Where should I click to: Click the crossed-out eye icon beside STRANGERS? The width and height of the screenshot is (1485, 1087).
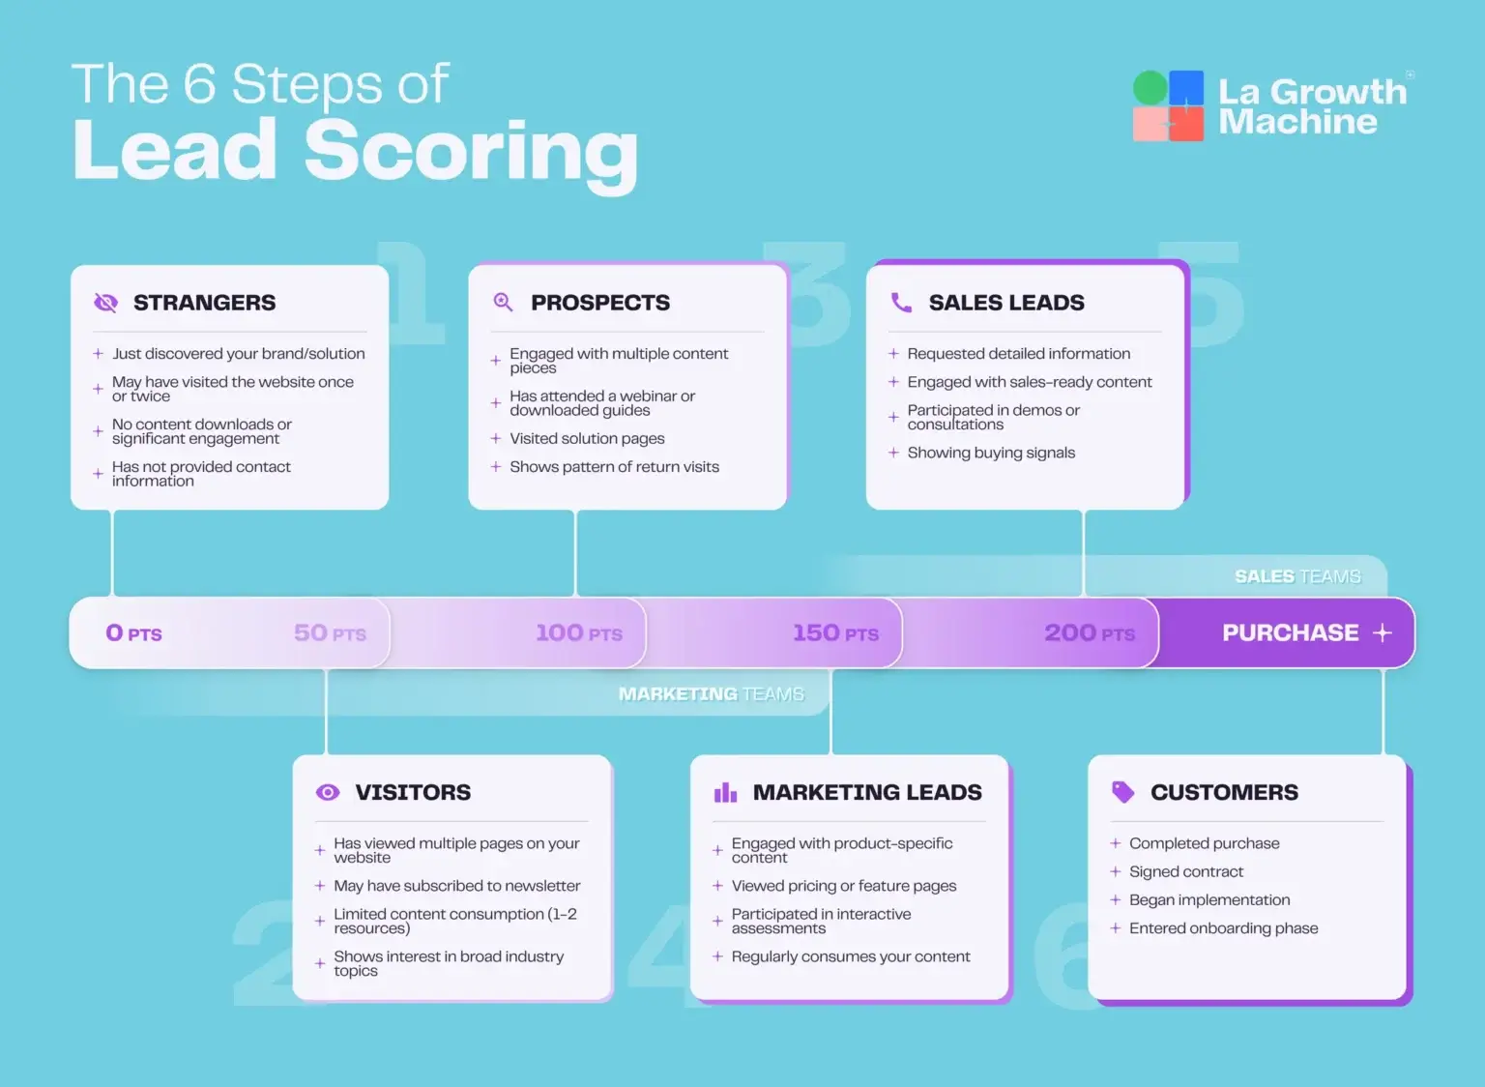click(x=105, y=303)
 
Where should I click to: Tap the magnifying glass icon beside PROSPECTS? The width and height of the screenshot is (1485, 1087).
click(x=503, y=302)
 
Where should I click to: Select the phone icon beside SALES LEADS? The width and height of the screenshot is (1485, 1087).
click(x=901, y=303)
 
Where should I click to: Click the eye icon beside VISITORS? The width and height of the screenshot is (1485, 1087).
click(x=328, y=792)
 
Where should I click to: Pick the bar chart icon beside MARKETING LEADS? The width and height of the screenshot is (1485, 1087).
click(x=725, y=793)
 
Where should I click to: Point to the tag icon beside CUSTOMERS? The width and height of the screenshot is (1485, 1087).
click(x=1122, y=792)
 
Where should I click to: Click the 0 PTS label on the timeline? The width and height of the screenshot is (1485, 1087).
click(x=133, y=633)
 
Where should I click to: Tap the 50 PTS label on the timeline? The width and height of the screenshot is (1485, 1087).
click(x=330, y=633)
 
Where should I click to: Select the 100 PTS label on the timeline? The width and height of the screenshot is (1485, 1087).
click(x=579, y=633)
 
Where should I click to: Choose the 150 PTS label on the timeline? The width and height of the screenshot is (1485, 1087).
click(x=835, y=633)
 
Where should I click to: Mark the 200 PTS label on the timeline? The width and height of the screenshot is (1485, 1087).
click(x=1090, y=633)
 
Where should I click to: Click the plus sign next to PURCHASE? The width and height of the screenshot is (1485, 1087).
click(x=1383, y=632)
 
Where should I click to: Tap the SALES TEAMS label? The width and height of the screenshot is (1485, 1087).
click(x=1297, y=576)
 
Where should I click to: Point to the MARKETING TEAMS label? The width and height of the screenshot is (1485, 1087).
click(x=711, y=694)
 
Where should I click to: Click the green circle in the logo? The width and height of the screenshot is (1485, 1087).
click(x=1150, y=88)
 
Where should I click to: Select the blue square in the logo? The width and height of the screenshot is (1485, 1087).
click(x=1187, y=88)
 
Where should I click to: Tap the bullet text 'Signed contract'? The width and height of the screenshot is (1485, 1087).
click(x=1185, y=871)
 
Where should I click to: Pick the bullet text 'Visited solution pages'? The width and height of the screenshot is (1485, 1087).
click(x=587, y=438)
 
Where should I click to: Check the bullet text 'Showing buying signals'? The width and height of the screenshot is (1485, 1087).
click(x=991, y=453)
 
